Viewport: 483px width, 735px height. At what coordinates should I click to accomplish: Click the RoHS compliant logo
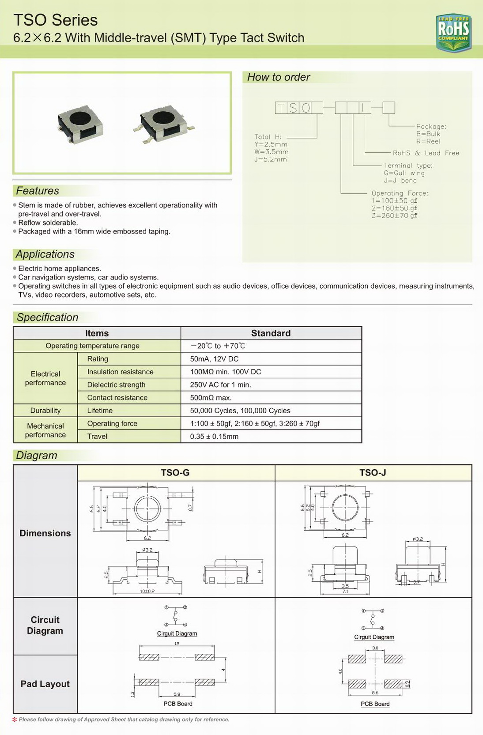pyautogui.click(x=453, y=32)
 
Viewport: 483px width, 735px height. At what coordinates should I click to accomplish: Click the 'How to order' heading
pyautogui.click(x=278, y=77)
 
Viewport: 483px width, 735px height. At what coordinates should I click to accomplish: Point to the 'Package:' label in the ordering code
pyautogui.click(x=431, y=126)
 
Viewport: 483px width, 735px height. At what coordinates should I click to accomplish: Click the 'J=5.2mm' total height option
pyautogui.click(x=271, y=159)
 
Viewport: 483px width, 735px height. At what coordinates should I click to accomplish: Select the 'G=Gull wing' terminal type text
pyautogui.click(x=404, y=173)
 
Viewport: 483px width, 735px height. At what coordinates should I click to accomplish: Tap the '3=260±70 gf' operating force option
pyautogui.click(x=394, y=215)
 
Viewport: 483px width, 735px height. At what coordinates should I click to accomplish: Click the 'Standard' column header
pyautogui.click(x=271, y=333)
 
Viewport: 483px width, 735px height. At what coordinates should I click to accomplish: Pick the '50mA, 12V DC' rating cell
pyautogui.click(x=214, y=359)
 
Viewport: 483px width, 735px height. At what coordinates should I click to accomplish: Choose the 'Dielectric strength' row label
pyautogui.click(x=116, y=385)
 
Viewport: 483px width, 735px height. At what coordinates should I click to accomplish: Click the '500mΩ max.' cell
pyautogui.click(x=211, y=398)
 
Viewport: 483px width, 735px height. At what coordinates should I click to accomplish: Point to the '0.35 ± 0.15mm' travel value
pyautogui.click(x=214, y=437)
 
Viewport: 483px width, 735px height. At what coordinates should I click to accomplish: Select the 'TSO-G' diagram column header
pyautogui.click(x=175, y=473)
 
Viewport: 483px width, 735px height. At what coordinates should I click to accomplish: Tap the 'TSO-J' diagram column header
pyautogui.click(x=373, y=473)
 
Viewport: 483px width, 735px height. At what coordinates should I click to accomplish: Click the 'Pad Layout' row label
pyautogui.click(x=45, y=684)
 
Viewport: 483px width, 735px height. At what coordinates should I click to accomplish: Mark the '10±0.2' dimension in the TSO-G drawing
pyautogui.click(x=147, y=591)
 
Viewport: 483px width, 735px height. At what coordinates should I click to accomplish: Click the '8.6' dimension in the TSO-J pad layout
pyautogui.click(x=375, y=693)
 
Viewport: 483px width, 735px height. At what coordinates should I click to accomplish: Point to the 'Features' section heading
pyautogui.click(x=38, y=191)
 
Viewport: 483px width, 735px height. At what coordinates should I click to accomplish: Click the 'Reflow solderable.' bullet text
pyautogui.click(x=48, y=222)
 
